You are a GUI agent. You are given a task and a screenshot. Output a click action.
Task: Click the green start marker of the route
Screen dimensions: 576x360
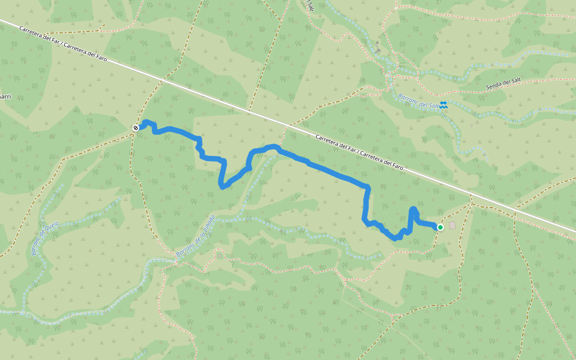[x=440, y=227]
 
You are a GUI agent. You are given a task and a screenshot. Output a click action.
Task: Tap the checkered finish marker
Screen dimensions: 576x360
[x=136, y=127]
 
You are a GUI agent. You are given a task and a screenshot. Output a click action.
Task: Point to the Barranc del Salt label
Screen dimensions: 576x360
[x=418, y=100]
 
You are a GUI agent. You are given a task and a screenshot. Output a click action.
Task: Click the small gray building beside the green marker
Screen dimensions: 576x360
[x=452, y=225]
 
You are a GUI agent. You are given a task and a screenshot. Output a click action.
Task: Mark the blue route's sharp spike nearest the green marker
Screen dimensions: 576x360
[x=413, y=209]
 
